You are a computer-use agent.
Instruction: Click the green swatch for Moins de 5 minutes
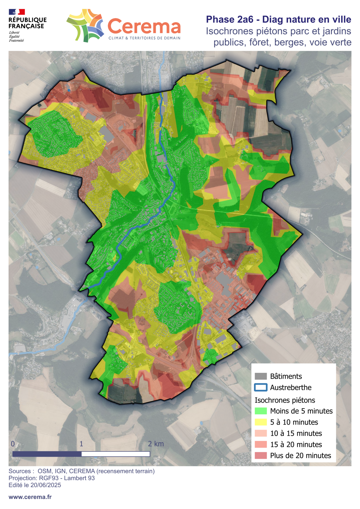260,411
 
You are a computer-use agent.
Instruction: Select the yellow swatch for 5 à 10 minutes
260,422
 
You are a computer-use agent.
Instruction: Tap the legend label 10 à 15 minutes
296,433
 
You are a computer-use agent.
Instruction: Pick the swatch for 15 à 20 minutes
260,445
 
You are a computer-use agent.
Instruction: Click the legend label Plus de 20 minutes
300,456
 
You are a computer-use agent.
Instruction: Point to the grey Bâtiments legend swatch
260,376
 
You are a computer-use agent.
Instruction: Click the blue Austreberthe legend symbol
260,387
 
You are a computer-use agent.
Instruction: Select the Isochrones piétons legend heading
284,400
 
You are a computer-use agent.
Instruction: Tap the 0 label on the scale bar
13,444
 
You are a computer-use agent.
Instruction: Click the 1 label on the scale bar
81,444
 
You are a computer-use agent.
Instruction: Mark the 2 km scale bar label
156,444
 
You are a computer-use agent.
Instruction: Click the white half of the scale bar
115,454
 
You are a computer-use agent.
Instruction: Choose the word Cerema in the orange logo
144,27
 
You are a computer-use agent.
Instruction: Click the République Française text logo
27,23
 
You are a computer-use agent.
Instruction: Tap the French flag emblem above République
17,12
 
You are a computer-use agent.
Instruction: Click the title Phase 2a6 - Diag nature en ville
278,19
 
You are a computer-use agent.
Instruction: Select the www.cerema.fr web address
30,497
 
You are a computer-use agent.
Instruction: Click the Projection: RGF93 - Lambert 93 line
51,478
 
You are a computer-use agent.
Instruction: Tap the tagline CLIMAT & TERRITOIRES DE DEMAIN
144,38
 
